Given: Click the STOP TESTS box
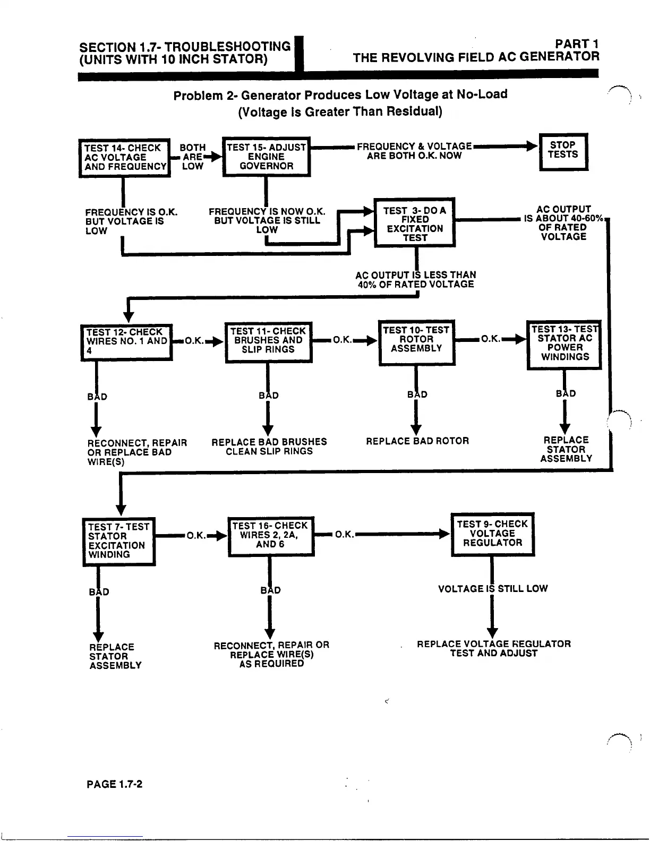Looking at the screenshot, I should [x=563, y=151].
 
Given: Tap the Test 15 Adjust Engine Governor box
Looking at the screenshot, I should [x=266, y=157].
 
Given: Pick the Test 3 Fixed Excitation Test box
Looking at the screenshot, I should [x=415, y=222].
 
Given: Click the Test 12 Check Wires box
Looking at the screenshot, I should [x=127, y=342].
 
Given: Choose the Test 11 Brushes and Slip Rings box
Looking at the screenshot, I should [x=268, y=342].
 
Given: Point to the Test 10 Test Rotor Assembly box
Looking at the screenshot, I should [x=416, y=342].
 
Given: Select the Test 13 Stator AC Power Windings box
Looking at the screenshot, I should [x=564, y=344].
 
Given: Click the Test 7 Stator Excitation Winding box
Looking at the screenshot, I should [x=119, y=540].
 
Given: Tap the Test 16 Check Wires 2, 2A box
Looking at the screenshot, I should [x=270, y=536].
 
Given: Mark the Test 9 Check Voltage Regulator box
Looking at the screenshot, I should [x=492, y=534].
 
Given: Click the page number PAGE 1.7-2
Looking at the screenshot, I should [x=115, y=784].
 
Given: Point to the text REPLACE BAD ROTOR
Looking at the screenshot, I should [x=417, y=441].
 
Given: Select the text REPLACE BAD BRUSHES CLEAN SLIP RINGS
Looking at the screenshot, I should [x=269, y=447].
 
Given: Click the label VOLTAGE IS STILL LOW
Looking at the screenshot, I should [x=492, y=588].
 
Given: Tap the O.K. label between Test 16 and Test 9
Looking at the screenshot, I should [x=345, y=535].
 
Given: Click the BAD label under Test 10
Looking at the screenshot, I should [x=417, y=394].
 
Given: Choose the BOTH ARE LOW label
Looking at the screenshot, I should [x=192, y=157].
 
